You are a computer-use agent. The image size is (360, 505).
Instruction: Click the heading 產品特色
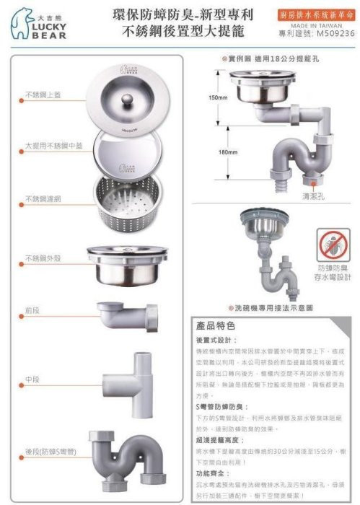tap(214, 326)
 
